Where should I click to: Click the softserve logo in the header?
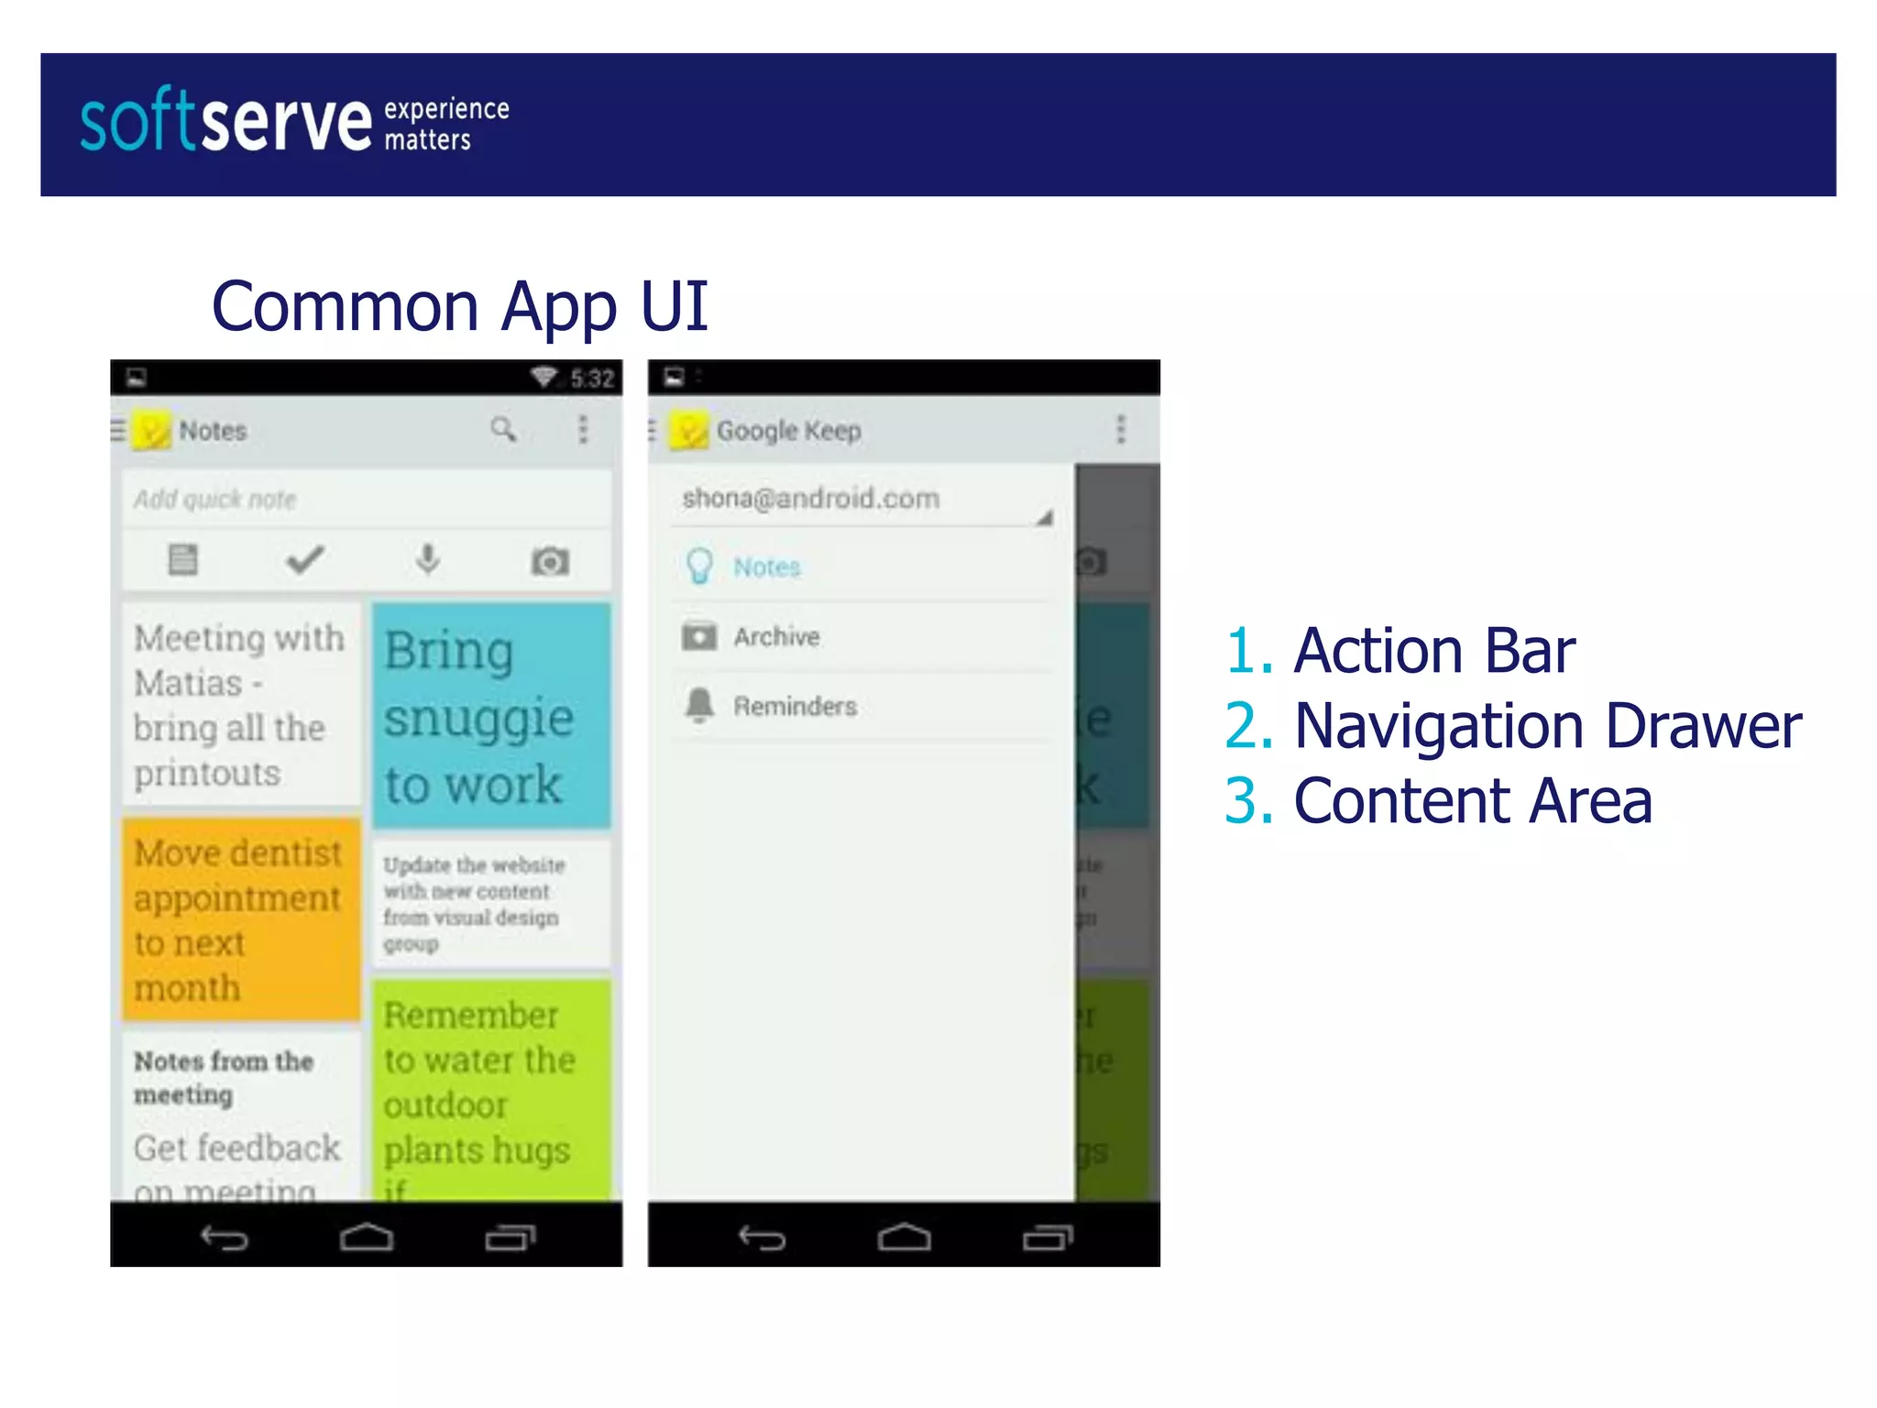click(x=293, y=122)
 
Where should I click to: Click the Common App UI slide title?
click(x=459, y=306)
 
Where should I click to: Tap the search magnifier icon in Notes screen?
click(x=503, y=429)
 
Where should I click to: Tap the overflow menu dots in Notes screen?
click(x=583, y=429)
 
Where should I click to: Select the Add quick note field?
click(x=367, y=500)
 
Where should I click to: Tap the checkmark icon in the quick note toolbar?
click(x=305, y=559)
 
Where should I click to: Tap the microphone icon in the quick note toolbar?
click(x=428, y=559)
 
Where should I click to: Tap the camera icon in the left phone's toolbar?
click(x=550, y=561)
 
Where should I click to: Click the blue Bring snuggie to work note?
click(x=490, y=715)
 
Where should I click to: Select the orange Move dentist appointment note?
click(x=241, y=919)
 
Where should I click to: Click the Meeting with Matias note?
click(x=241, y=704)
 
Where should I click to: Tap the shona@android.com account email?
click(x=811, y=499)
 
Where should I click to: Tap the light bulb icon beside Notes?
click(x=699, y=566)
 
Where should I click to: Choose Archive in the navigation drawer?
click(x=776, y=637)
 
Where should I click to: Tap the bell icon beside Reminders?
click(x=699, y=706)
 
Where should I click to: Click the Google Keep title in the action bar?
click(x=788, y=431)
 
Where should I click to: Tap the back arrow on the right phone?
click(x=762, y=1238)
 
